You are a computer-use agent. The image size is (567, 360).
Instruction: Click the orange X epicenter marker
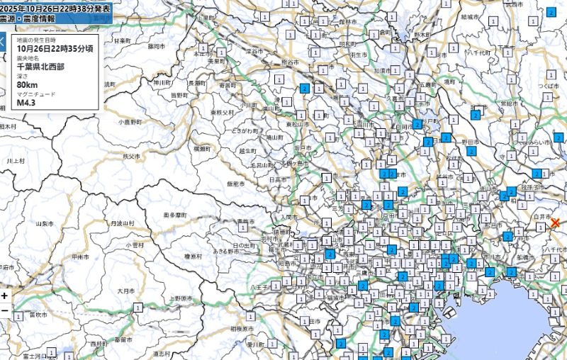coord(555,223)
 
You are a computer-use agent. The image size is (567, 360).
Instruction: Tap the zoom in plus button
coord(5,296)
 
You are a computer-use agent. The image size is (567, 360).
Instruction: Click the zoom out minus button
coord(5,310)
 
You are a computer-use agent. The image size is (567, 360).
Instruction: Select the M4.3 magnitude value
coord(26,102)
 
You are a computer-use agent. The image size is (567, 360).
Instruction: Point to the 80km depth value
coord(27,84)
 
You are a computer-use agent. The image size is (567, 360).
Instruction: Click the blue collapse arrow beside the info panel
coord(2,41)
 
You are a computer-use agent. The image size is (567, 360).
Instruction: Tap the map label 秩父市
coord(131,154)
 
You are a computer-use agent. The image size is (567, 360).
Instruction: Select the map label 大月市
coord(125,291)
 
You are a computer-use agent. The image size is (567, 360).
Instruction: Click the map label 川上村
coord(15,161)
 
